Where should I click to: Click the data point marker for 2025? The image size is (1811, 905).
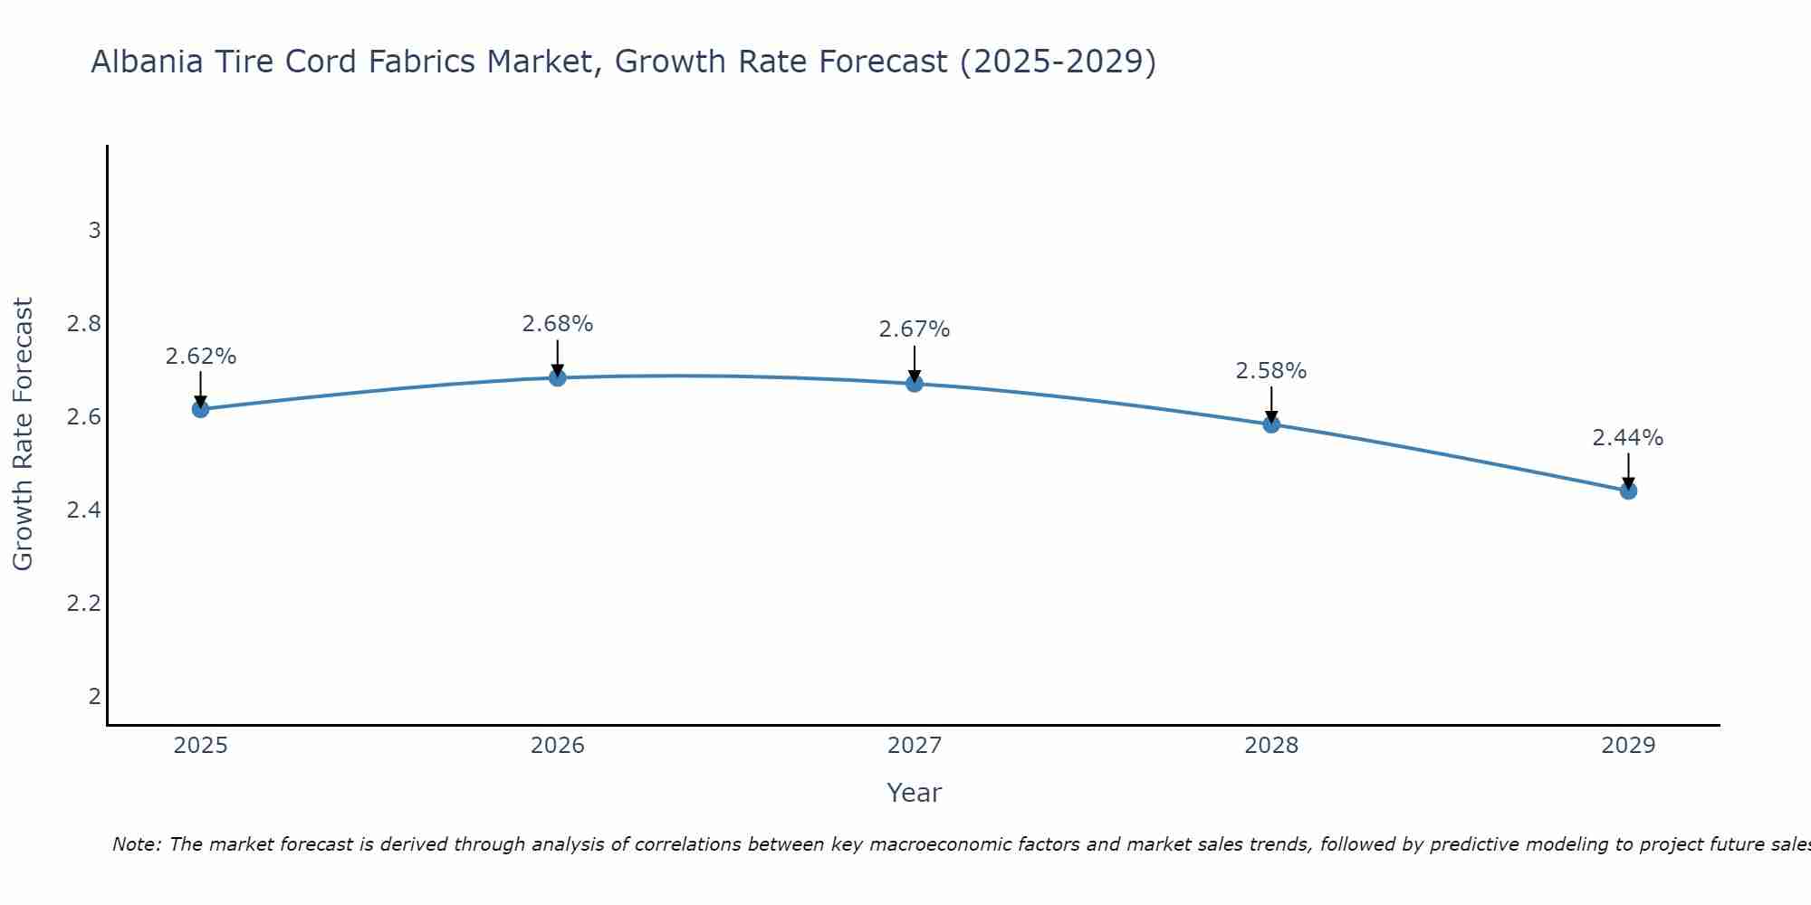(200, 409)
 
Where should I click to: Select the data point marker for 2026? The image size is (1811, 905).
(558, 377)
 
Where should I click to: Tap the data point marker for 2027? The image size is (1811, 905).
(915, 383)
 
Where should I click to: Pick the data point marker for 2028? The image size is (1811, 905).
(1271, 424)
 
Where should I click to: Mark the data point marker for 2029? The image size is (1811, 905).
(1628, 491)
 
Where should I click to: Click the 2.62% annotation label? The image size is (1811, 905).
(200, 357)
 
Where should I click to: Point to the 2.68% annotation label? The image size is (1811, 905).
(558, 324)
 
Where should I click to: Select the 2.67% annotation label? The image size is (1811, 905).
(915, 329)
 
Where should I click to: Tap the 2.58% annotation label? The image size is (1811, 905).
(1271, 371)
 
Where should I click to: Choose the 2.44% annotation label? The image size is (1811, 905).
(1628, 438)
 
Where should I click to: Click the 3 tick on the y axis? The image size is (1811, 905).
(94, 231)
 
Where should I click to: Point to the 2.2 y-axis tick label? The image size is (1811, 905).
(83, 603)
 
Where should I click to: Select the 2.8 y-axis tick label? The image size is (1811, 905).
(83, 324)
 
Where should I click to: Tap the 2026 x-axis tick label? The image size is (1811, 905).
(558, 746)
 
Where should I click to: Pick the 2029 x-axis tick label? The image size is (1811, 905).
(1628, 746)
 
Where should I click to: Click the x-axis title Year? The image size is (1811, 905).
(915, 793)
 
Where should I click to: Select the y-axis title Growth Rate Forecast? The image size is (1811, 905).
(23, 434)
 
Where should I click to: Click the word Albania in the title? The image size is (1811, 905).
(148, 62)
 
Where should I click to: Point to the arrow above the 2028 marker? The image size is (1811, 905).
(1271, 405)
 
